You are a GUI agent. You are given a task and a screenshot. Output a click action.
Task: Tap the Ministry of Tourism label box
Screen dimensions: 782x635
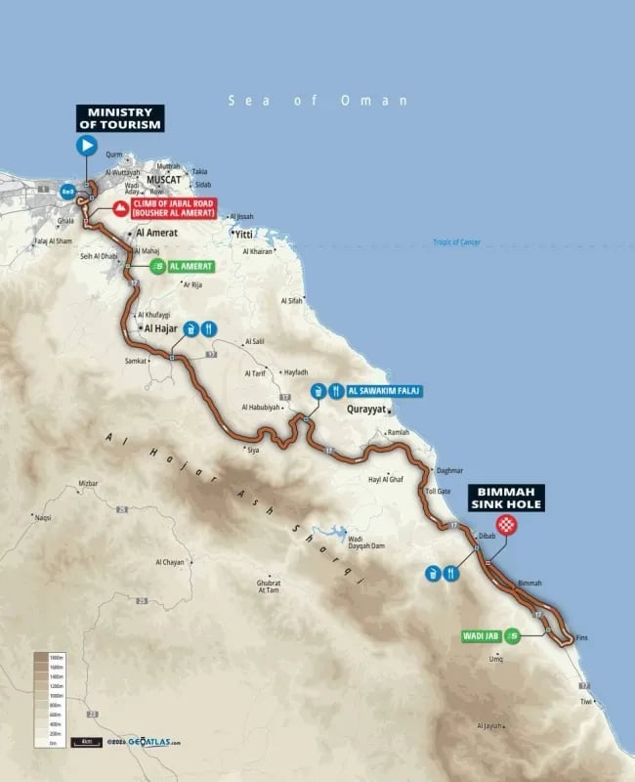point(121,118)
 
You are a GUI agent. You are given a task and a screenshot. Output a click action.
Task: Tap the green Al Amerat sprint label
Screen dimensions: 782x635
point(181,266)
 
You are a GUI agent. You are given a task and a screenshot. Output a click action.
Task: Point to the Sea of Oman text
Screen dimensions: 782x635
point(317,101)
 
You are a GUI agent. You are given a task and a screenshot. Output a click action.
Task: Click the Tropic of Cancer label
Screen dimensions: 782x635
point(457,241)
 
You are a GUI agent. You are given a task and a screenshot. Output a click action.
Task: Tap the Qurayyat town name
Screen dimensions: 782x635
point(368,412)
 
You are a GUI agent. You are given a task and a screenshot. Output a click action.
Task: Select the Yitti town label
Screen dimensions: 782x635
point(243,235)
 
